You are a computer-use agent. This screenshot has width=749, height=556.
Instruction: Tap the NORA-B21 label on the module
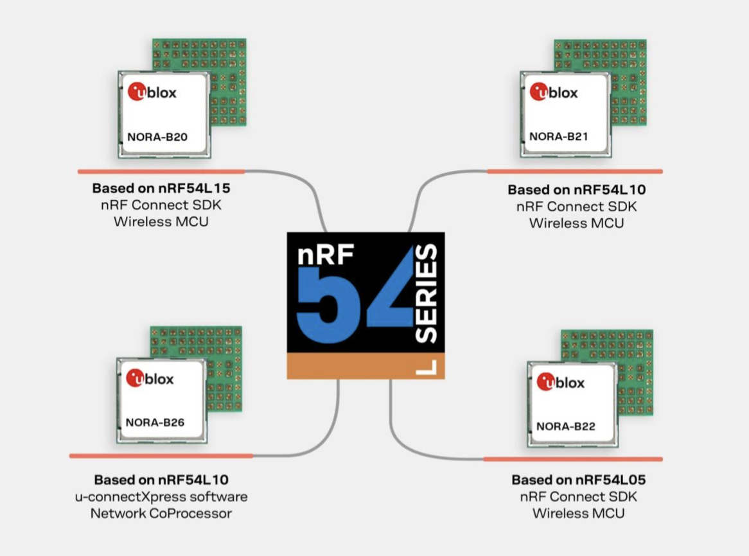click(558, 136)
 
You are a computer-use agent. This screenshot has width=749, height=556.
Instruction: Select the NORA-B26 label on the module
click(155, 422)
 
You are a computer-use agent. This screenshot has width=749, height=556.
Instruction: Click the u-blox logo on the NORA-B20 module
click(152, 92)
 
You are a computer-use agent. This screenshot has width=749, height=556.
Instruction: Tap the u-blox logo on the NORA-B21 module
click(554, 93)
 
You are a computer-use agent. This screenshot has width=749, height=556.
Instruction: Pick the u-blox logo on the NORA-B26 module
click(150, 379)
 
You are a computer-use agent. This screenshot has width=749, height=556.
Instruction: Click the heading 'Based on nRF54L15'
click(161, 189)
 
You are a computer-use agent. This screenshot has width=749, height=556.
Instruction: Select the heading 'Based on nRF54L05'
click(578, 480)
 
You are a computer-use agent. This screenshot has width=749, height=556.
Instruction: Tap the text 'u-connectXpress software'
click(161, 497)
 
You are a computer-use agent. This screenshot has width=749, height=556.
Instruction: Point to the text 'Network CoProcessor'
click(161, 514)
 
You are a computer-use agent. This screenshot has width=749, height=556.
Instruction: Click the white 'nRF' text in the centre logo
click(326, 255)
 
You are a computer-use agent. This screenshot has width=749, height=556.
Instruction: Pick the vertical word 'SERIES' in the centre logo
click(426, 293)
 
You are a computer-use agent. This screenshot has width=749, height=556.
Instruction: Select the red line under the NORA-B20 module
click(161, 171)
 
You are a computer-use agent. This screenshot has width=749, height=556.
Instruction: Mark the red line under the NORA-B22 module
click(572, 459)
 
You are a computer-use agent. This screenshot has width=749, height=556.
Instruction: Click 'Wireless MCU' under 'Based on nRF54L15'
click(161, 222)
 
